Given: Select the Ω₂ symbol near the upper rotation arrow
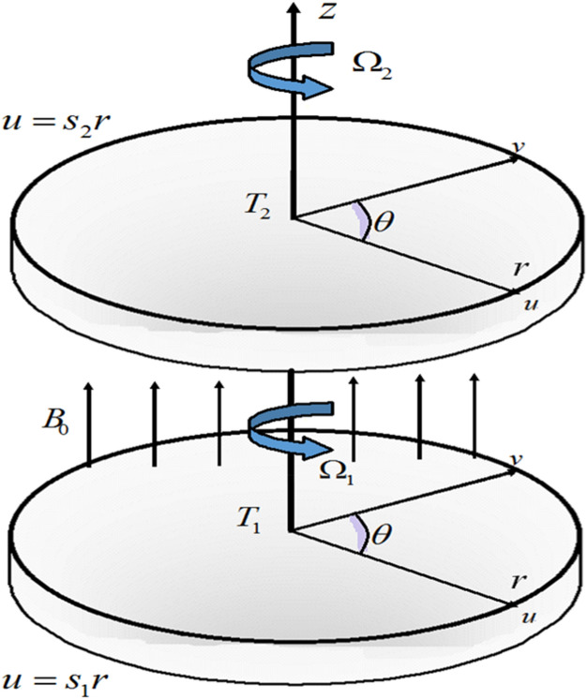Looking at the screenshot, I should coord(373,67).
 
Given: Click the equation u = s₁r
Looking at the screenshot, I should coord(57,677).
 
